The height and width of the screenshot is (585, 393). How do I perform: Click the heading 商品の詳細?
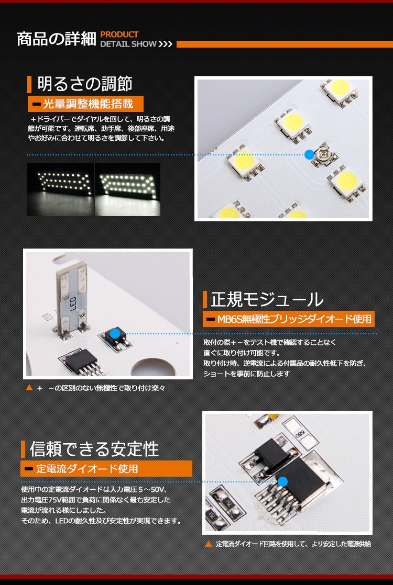(x=57, y=39)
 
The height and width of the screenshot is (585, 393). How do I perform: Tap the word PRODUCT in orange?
(x=119, y=35)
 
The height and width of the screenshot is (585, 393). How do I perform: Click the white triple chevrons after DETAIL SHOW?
(x=165, y=44)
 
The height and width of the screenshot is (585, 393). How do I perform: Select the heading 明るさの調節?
(x=85, y=84)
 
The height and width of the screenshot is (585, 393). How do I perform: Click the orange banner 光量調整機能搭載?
(x=85, y=104)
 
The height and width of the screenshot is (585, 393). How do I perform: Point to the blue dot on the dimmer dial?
(x=309, y=154)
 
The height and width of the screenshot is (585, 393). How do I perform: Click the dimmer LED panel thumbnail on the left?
(x=60, y=189)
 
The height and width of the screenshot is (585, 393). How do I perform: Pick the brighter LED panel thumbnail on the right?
(x=127, y=189)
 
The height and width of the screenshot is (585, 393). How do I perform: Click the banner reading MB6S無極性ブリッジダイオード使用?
(x=289, y=319)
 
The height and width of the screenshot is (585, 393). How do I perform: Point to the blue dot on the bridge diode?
(x=115, y=333)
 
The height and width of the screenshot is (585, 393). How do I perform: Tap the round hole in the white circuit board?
(x=154, y=368)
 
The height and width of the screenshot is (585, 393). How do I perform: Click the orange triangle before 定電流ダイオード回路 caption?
(x=209, y=544)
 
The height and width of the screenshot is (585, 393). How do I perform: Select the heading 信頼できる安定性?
(x=94, y=449)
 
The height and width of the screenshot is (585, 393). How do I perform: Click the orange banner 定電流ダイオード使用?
(x=106, y=469)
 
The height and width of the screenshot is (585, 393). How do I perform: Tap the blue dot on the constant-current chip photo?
(x=283, y=481)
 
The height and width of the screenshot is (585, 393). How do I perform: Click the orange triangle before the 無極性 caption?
(x=29, y=388)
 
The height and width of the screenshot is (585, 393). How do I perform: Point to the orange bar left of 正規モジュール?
(x=205, y=300)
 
